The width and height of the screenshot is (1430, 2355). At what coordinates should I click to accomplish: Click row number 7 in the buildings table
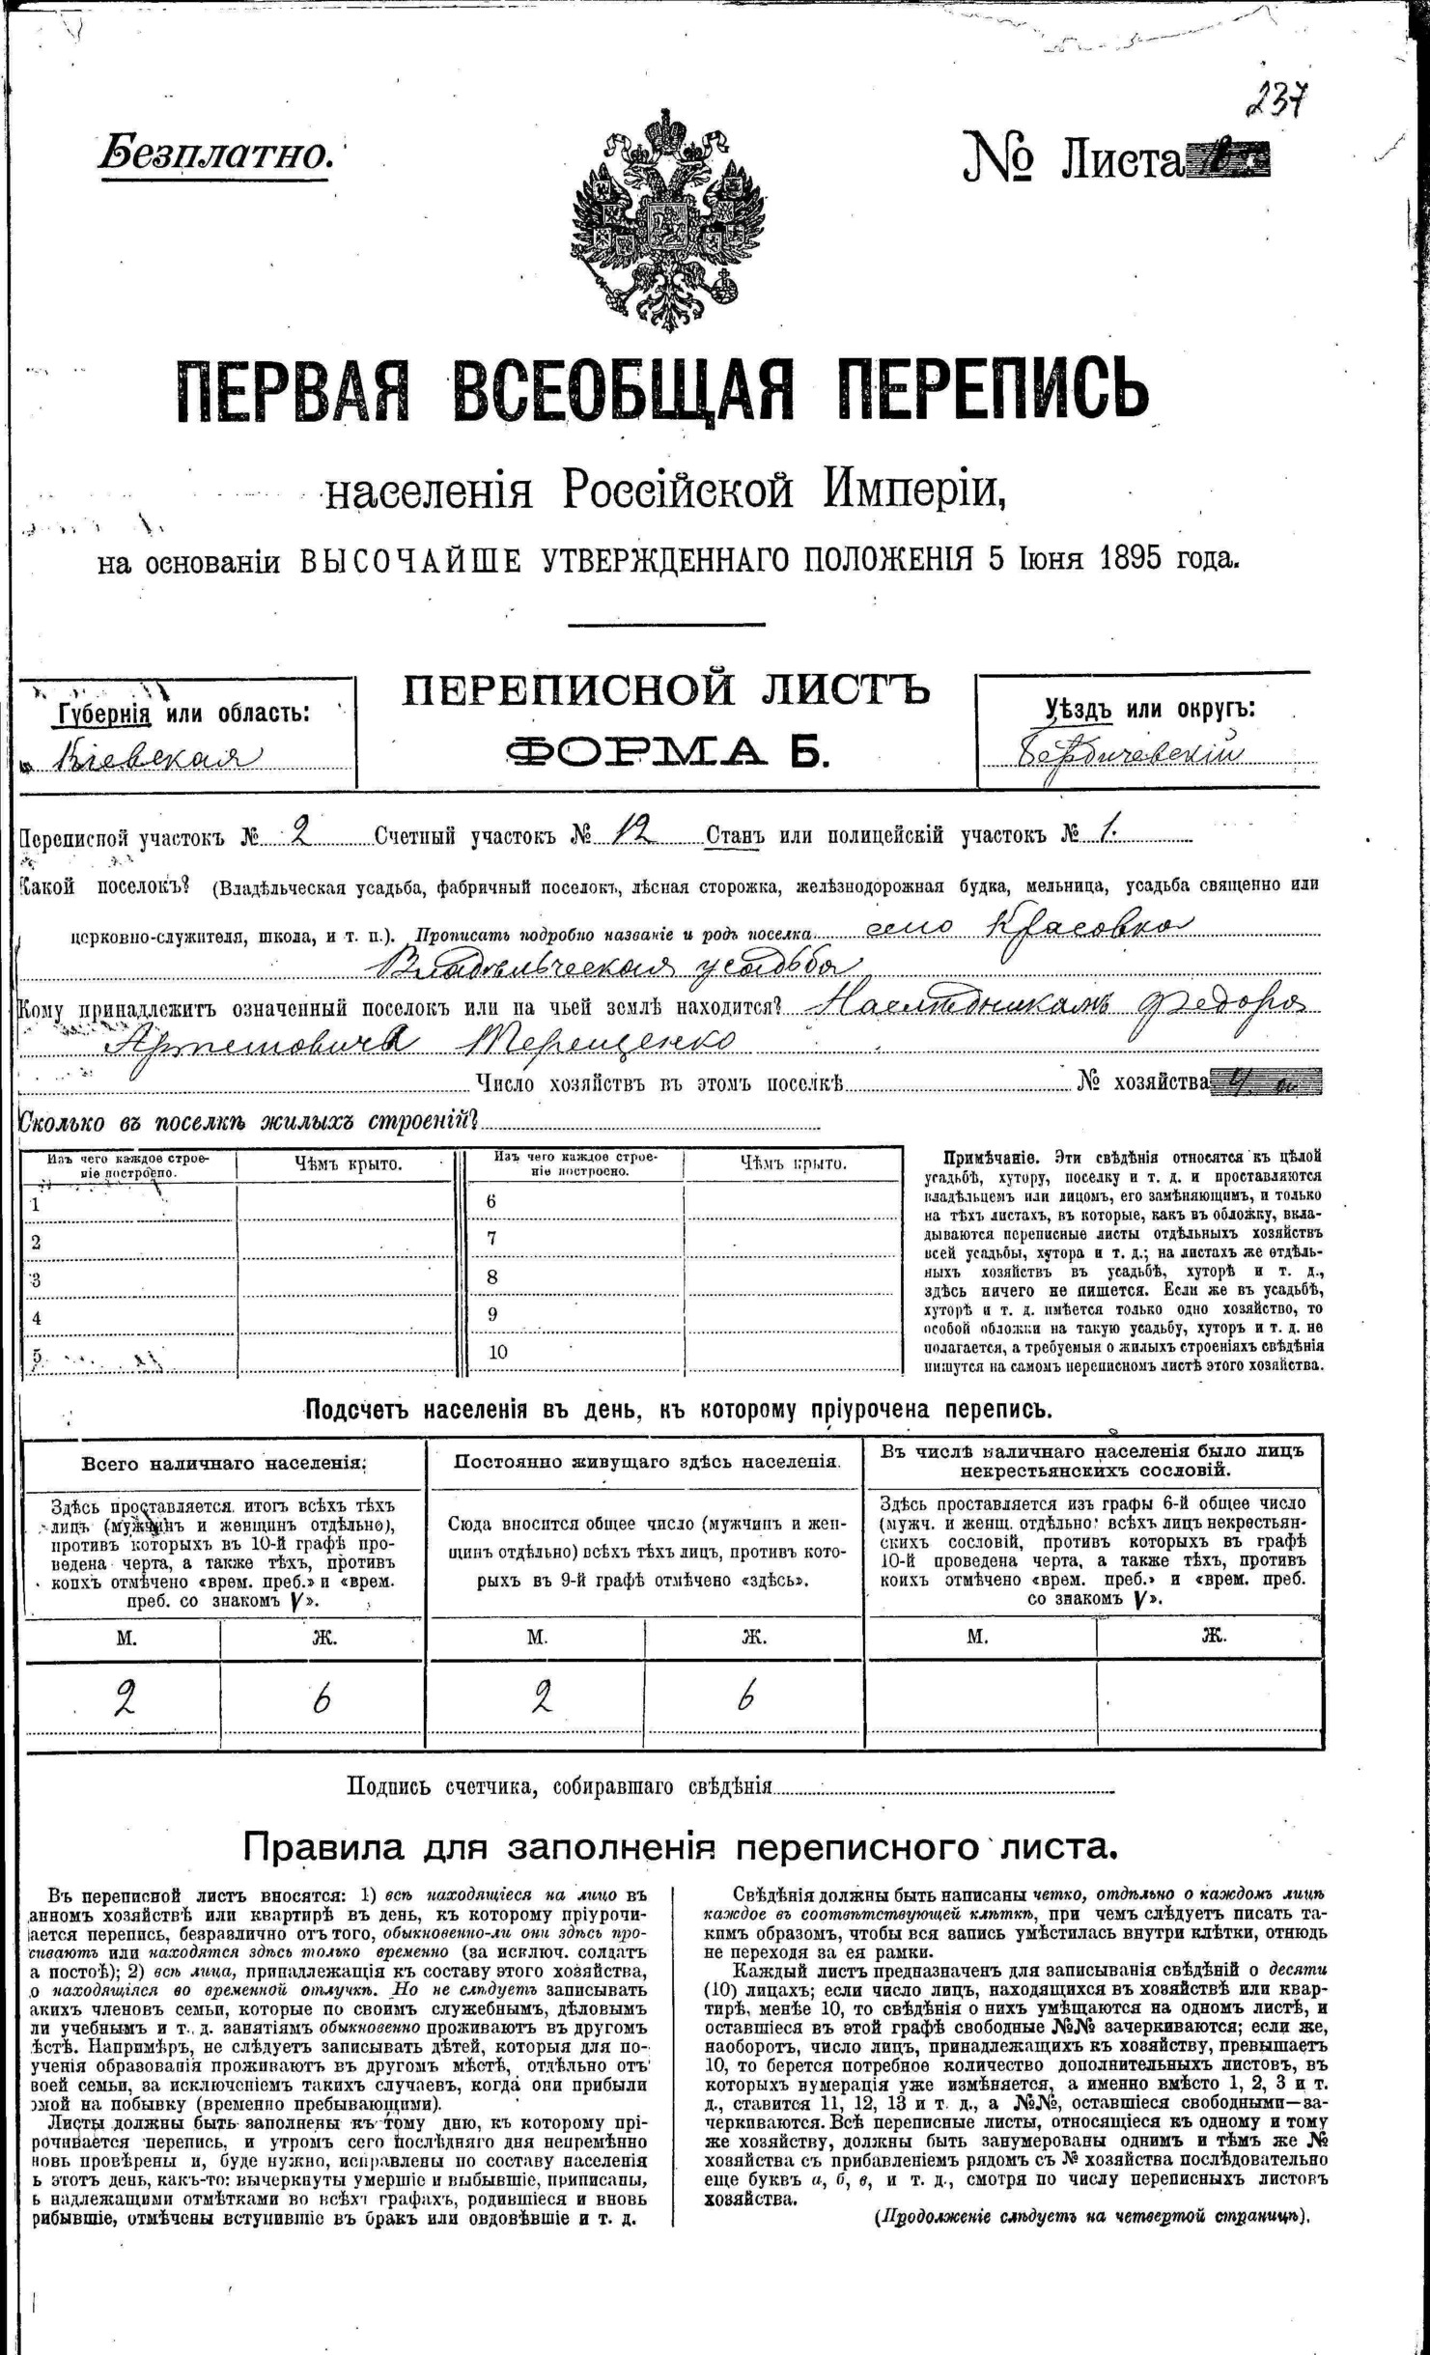click(491, 1238)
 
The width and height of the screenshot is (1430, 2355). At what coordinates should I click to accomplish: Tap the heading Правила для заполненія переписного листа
click(680, 1845)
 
